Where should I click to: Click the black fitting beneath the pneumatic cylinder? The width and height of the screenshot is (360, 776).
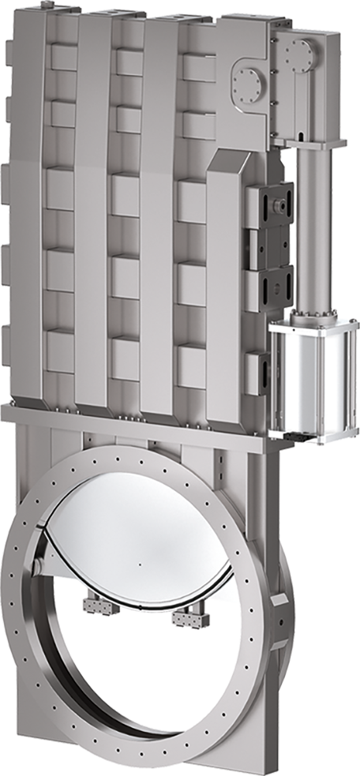click(x=297, y=435)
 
